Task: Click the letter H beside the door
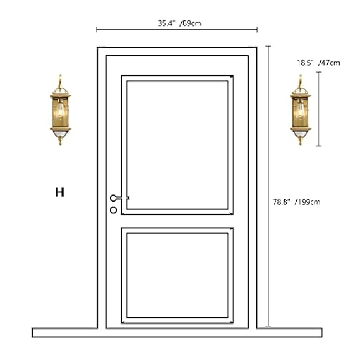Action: point(59,192)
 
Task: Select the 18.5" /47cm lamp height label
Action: point(318,63)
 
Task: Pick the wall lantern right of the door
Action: point(300,113)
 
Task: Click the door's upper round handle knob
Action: point(114,198)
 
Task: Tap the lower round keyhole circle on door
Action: point(114,210)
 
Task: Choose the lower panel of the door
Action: point(177,275)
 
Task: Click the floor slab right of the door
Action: point(289,332)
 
